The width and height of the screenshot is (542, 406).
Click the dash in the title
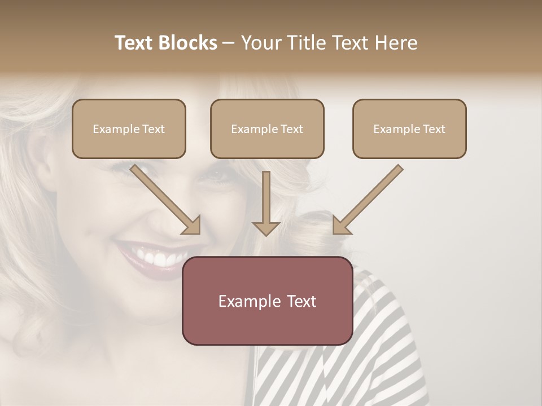(x=229, y=43)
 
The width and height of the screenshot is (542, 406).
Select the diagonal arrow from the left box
(x=167, y=200)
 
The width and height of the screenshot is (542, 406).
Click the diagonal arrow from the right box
(x=367, y=200)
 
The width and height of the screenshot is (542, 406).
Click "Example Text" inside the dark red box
(x=267, y=301)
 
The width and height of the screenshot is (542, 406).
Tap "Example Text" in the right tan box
(x=409, y=129)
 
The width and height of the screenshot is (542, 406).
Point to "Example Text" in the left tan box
(x=129, y=129)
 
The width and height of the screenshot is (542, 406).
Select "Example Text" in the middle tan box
(x=267, y=129)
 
